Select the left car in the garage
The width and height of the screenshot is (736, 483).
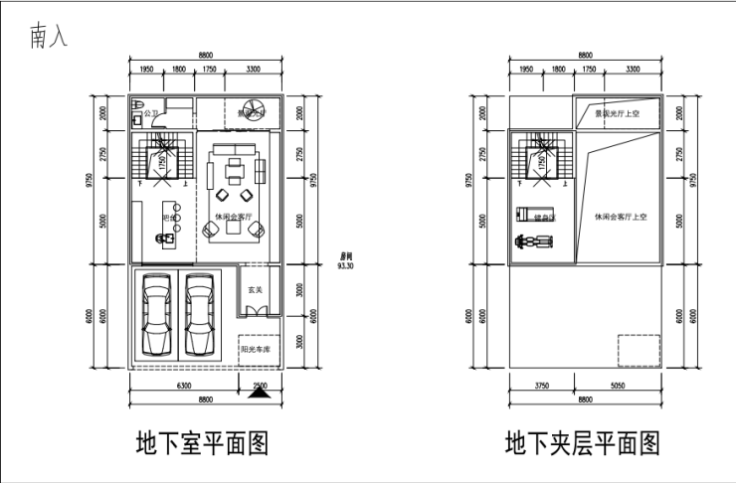pos(158,317)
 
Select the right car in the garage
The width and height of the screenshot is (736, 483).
pos(201,317)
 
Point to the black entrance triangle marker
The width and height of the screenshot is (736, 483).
pos(260,393)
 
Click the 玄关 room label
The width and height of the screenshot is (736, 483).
pos(255,290)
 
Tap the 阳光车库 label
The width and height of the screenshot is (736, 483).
pos(258,349)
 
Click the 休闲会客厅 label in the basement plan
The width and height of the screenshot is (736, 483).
pos(234,216)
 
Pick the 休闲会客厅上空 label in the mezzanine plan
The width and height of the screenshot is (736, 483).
pos(621,216)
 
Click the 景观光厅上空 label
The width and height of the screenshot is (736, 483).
pos(617,113)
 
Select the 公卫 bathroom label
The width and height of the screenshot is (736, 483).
pos(151,113)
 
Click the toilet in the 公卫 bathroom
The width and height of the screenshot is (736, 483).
pos(139,108)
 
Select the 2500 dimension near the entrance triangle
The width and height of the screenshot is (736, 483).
pos(260,385)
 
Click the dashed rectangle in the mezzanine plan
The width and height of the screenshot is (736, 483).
pos(638,351)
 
